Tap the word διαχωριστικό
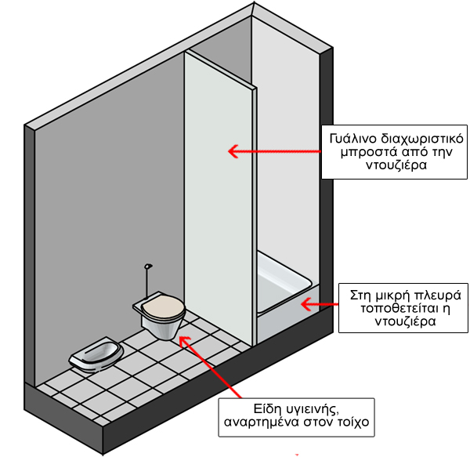tap(422, 140)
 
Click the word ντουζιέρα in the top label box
tap(396, 165)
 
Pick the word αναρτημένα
tap(262, 423)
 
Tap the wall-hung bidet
tap(96, 354)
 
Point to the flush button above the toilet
tap(148, 267)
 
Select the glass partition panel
tap(219, 198)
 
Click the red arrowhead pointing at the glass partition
tap(233, 151)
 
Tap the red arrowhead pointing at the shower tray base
tap(306, 304)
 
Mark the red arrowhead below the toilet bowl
tap(184, 341)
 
